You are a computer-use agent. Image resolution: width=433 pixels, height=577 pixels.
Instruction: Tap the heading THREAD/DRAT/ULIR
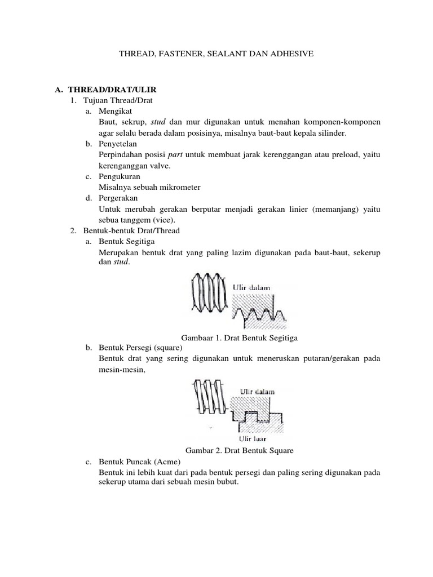click(x=111, y=90)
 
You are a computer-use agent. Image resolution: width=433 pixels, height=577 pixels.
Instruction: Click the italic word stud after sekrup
click(x=158, y=122)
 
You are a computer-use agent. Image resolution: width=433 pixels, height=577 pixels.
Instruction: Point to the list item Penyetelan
click(x=118, y=144)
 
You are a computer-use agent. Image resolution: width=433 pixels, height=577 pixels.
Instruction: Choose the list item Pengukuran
click(x=119, y=176)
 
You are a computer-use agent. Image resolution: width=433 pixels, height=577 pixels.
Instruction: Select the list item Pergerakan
click(x=118, y=198)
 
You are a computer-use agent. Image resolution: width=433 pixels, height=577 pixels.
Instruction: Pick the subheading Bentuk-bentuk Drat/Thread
click(x=131, y=230)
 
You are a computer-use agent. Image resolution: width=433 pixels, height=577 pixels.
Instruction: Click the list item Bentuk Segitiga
click(x=122, y=242)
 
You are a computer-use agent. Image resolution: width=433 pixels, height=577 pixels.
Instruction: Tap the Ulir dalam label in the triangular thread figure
click(x=252, y=287)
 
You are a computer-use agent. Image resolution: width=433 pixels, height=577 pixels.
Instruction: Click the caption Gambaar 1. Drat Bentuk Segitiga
click(x=238, y=338)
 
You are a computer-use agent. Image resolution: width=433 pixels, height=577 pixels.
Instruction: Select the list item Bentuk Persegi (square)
click(x=136, y=348)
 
